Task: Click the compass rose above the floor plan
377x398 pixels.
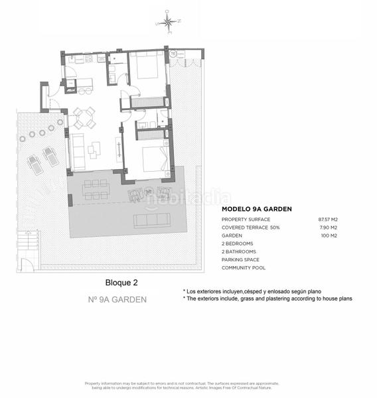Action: click(169, 25)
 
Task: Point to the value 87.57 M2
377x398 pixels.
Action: click(329, 219)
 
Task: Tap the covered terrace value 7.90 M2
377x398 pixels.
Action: click(330, 228)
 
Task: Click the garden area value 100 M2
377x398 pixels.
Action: click(330, 235)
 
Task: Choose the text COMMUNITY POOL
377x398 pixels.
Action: click(244, 268)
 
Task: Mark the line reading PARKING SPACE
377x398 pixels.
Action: click(240, 260)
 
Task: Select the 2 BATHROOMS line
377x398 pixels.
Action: click(238, 252)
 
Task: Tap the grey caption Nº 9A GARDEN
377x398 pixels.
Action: click(117, 299)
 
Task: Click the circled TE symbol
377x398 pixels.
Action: click(172, 53)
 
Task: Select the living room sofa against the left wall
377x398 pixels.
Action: click(78, 151)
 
